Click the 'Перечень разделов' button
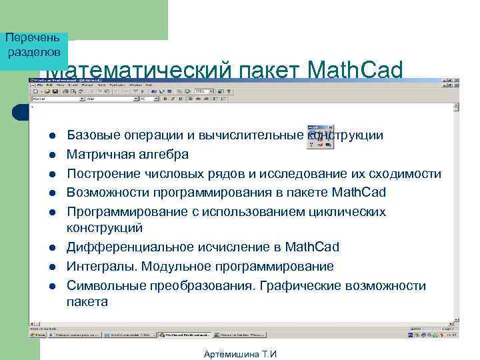34,45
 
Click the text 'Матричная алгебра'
128,155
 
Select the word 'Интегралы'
98,267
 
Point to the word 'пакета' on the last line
87,302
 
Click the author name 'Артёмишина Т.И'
240,354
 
